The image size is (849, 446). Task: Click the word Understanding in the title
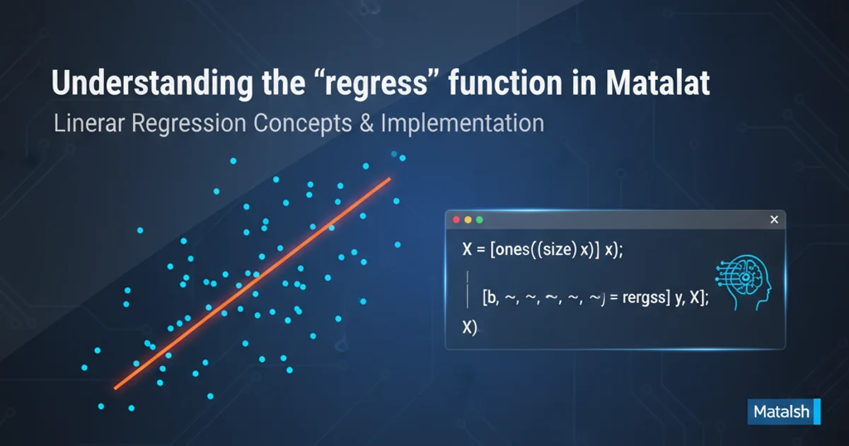click(152, 84)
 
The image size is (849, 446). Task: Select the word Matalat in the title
click(657, 83)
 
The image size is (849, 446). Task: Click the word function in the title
click(505, 83)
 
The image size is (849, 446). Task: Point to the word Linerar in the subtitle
click(89, 123)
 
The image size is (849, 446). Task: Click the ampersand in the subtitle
click(366, 123)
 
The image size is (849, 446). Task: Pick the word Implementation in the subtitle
click(463, 124)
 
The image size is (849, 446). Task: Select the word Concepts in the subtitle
click(303, 124)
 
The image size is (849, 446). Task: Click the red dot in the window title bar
click(456, 219)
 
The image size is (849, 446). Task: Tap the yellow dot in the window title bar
click(468, 219)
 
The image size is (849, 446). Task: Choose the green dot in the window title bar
click(480, 219)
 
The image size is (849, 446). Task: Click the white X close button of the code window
click(774, 219)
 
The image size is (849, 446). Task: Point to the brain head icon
click(744, 282)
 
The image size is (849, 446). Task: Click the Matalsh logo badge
click(784, 411)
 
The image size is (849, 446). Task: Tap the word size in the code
click(554, 250)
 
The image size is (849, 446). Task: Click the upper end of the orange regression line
click(390, 178)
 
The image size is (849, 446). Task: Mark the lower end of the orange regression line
click(115, 388)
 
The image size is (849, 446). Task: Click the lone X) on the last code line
click(470, 327)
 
